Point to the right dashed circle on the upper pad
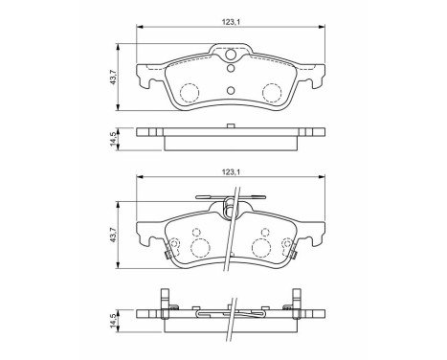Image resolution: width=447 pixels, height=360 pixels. click(x=273, y=92)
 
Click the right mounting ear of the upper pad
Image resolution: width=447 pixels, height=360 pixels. click(x=312, y=73)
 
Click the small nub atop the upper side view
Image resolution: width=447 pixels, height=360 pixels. click(x=231, y=127)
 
